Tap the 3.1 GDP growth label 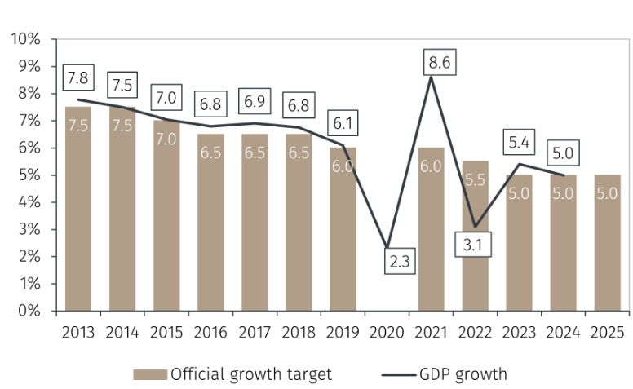pyautogui.click(x=473, y=243)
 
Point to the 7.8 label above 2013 pyautogui.click(x=78, y=78)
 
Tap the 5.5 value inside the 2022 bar pyautogui.click(x=476, y=179)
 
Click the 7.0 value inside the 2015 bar pyautogui.click(x=166, y=139)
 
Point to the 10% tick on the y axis pyautogui.click(x=25, y=39)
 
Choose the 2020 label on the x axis pyautogui.click(x=387, y=333)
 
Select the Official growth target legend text pyautogui.click(x=251, y=374)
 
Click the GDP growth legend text pyautogui.click(x=463, y=374)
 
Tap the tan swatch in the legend pyautogui.click(x=151, y=374)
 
